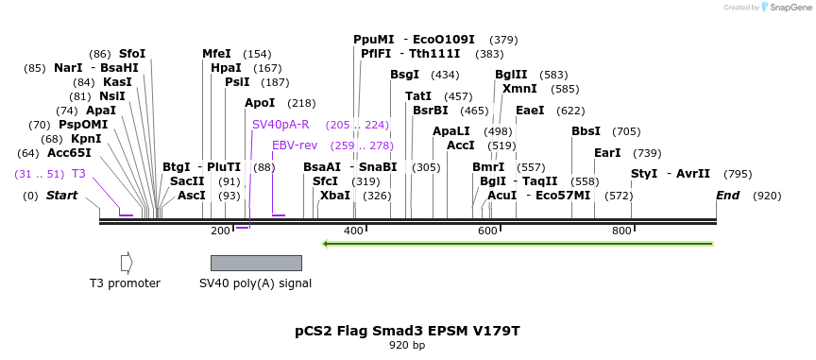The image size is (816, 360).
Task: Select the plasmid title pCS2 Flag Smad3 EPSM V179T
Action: pos(407,331)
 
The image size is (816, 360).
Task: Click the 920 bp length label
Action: pos(407,345)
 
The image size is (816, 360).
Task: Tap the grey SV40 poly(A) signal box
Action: pos(256,263)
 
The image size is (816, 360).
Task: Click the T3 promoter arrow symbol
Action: pos(127,263)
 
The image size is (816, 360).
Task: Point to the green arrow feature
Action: pos(518,244)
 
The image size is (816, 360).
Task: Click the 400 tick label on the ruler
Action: pos(354,231)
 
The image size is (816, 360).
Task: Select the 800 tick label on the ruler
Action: pos(621,231)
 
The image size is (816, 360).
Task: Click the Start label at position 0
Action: pos(61,196)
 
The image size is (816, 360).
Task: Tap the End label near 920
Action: pos(727,196)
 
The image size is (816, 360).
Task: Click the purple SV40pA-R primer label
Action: pos(280,125)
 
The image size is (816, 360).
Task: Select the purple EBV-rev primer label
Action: pos(295,146)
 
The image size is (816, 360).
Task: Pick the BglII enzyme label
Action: pos(511,75)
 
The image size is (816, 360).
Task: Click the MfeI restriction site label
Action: pos(216,54)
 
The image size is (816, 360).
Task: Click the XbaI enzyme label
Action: pos(334,196)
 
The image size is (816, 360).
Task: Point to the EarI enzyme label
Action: pos(607,153)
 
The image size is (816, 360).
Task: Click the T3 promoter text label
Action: pos(125,283)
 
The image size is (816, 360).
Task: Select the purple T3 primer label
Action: pos(78,174)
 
